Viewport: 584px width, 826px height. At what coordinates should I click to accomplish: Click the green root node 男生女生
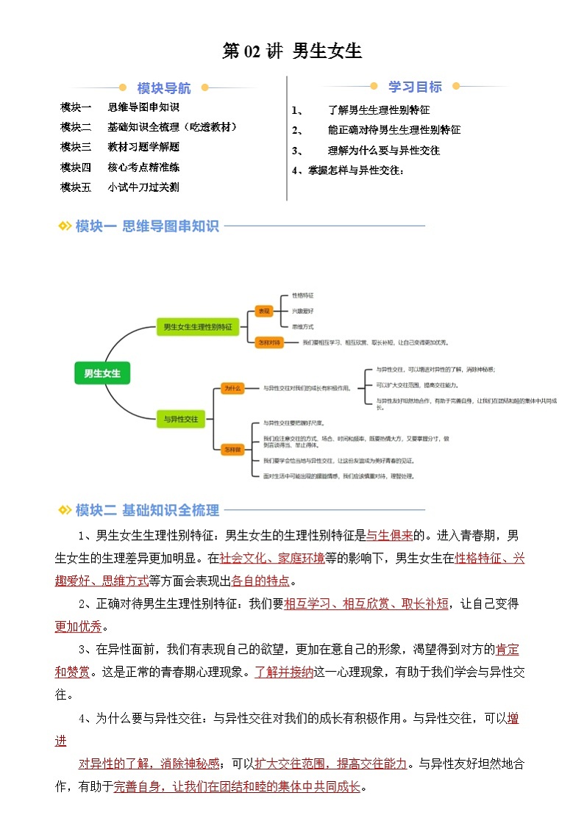tap(102, 373)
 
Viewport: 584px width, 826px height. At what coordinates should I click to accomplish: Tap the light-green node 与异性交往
tap(181, 419)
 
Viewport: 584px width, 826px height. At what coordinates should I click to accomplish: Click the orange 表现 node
tap(263, 311)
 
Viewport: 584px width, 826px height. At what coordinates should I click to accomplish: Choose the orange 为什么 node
tap(233, 387)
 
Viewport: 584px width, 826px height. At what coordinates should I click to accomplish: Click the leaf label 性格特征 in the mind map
tap(302, 295)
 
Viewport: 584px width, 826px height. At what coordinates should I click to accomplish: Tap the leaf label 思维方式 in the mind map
tap(302, 326)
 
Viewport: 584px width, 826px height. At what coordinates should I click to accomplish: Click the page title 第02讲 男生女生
tap(292, 51)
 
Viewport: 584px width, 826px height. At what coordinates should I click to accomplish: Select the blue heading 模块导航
tap(163, 88)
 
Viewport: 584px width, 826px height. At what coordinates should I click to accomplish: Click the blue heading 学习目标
tap(416, 87)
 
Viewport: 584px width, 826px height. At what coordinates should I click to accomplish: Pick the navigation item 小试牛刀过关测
tap(143, 187)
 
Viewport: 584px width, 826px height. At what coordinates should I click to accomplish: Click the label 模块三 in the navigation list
tap(76, 147)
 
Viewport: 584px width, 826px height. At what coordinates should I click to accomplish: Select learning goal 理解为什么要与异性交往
tap(383, 151)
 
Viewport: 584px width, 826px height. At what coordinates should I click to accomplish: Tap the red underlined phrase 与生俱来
tap(390, 535)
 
